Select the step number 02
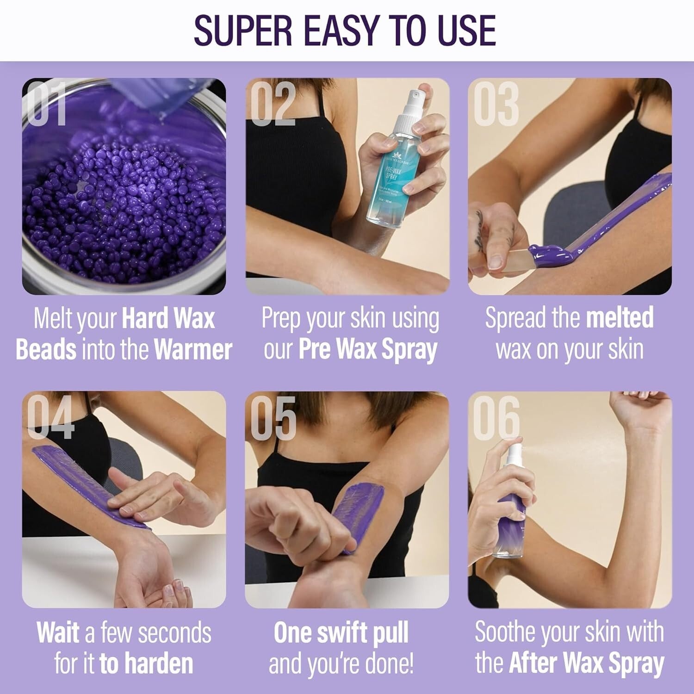(273, 104)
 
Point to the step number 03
(496, 104)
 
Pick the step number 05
(273, 418)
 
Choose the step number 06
(496, 418)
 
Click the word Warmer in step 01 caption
(193, 350)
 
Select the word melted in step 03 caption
(620, 318)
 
